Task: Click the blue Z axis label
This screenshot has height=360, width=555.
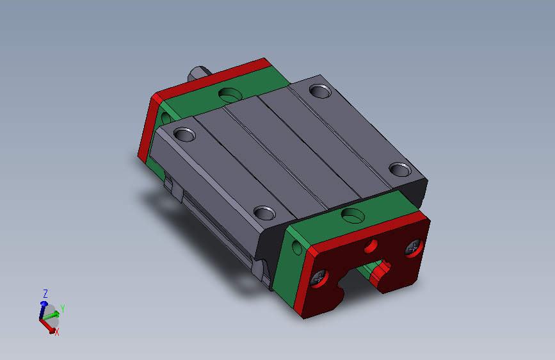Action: tap(45, 294)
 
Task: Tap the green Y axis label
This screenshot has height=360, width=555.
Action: tap(63, 309)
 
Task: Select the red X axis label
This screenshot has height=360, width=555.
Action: tap(56, 332)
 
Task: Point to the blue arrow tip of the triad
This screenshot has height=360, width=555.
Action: tap(44, 304)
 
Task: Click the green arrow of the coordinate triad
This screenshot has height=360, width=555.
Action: tap(51, 315)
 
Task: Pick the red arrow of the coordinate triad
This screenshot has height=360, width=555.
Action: tap(48, 325)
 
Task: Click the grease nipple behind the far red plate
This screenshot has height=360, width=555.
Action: tap(199, 73)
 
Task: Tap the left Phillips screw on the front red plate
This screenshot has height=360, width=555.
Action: tap(319, 278)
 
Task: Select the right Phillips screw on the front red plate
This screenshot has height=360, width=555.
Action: tap(414, 248)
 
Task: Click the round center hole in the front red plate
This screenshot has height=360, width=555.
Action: tap(371, 246)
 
